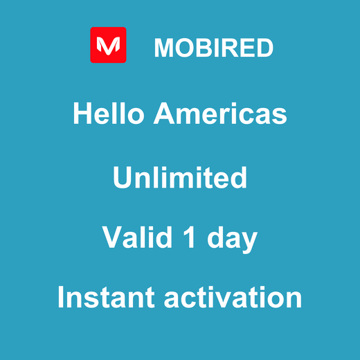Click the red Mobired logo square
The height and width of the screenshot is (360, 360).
click(108, 45)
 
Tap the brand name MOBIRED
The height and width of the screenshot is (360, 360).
click(213, 48)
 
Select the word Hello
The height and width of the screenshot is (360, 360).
click(109, 114)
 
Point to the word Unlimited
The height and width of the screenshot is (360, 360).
click(180, 177)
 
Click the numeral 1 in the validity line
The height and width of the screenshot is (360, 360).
click(188, 238)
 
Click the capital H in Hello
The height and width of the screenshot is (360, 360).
click(82, 114)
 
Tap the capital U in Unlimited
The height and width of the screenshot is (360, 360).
click(122, 177)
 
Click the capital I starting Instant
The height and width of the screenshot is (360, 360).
click(62, 298)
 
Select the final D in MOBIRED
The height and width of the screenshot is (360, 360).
click(264, 48)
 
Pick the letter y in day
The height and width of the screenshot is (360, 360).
click(250, 241)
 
